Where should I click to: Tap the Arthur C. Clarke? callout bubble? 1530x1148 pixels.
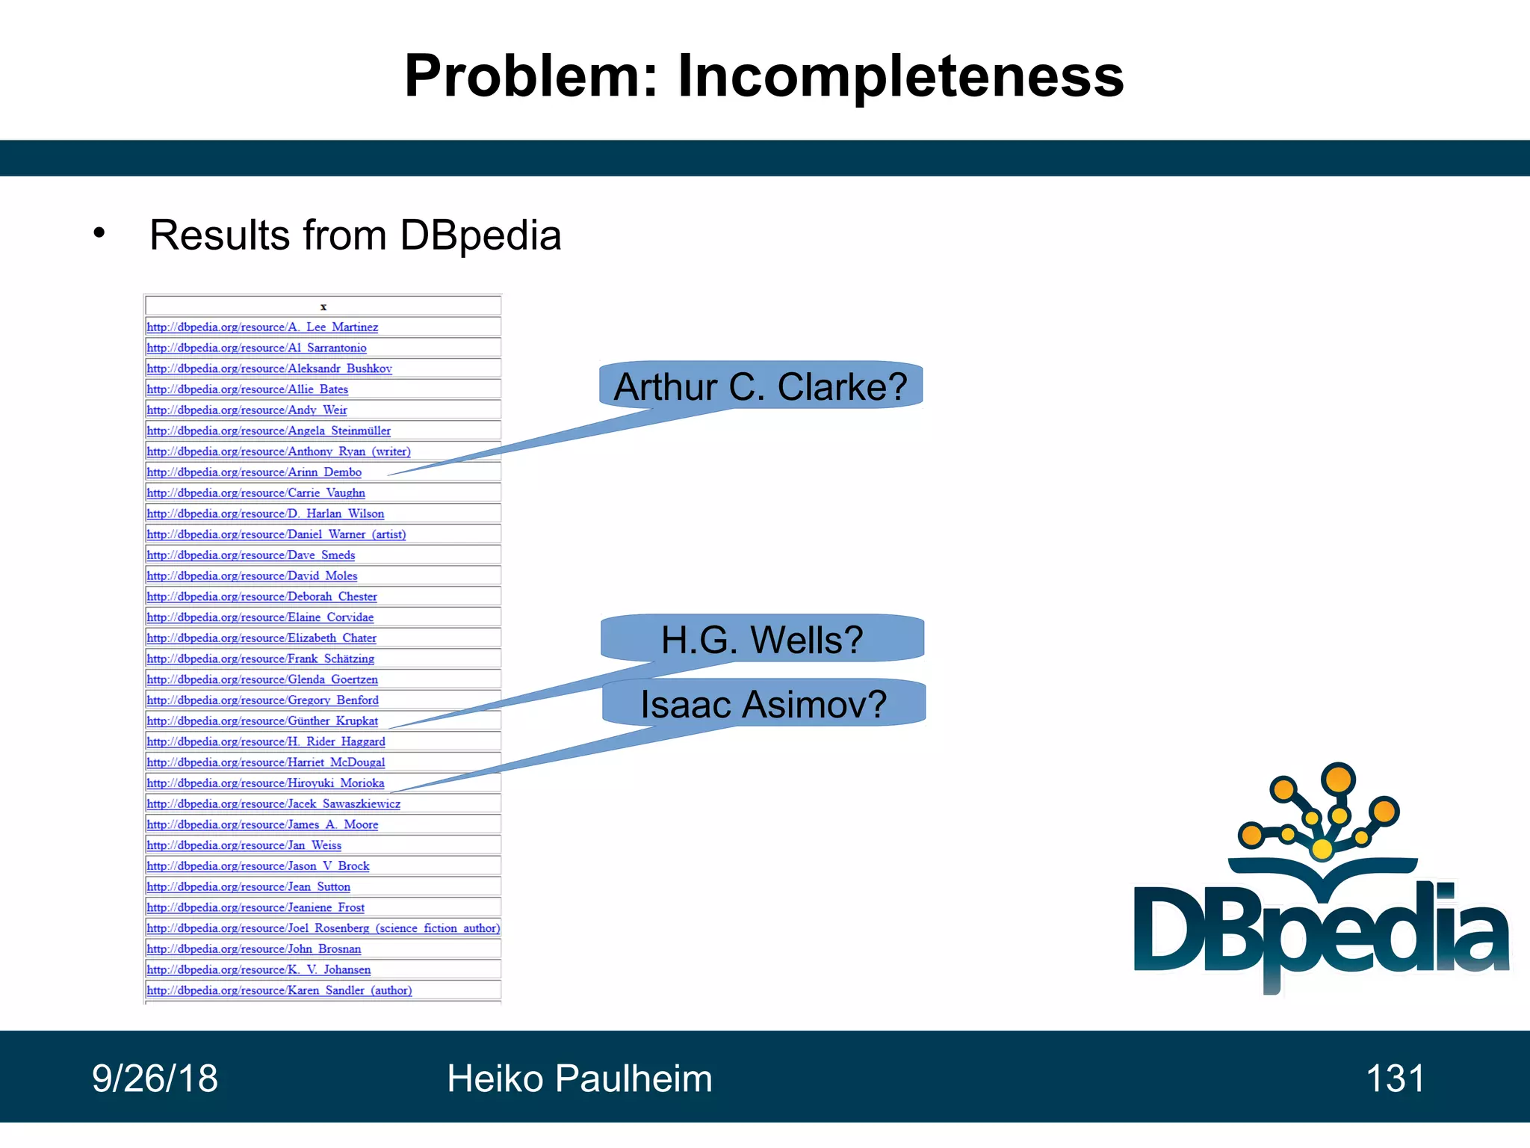coord(761,386)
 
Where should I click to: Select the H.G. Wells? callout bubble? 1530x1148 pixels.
coord(762,640)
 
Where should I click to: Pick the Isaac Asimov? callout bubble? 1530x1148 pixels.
coord(764,704)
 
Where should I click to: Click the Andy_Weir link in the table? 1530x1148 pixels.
coord(247,410)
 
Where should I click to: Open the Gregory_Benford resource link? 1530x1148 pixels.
coord(262,700)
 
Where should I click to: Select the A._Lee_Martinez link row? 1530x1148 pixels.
coord(262,327)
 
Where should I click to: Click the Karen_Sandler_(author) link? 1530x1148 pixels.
coord(279,990)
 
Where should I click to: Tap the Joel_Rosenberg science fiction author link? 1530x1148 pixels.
coord(323,928)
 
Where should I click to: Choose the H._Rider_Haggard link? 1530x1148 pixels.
coord(265,741)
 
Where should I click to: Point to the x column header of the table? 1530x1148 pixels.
coord(323,306)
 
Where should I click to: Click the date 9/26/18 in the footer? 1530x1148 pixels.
coord(155,1078)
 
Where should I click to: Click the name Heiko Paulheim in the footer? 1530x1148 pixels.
coord(579,1078)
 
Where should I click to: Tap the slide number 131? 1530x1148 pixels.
coord(1395,1078)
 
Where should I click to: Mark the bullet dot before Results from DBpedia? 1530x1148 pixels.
coord(99,233)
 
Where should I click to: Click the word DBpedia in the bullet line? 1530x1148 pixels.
coord(480,235)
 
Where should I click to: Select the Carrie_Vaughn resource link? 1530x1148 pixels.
coord(255,493)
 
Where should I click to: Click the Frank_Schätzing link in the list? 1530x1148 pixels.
coord(260,658)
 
